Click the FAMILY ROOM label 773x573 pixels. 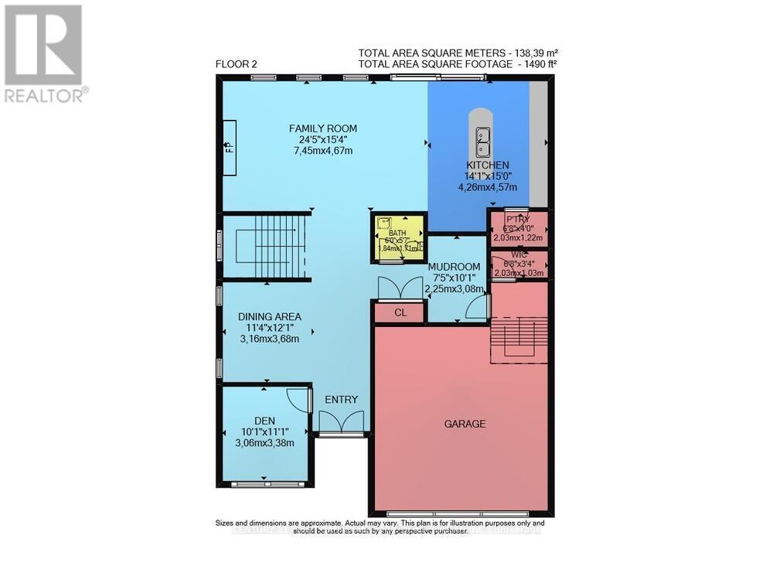(x=323, y=128)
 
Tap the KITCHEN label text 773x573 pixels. (x=487, y=165)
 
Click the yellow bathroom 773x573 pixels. (x=398, y=237)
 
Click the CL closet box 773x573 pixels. (x=400, y=313)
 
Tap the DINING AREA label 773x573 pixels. (x=269, y=316)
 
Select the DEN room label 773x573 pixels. (x=265, y=421)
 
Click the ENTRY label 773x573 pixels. (x=341, y=400)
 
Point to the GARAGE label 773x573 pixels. (x=465, y=424)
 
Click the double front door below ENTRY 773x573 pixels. (x=341, y=421)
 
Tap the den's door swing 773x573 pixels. (x=297, y=399)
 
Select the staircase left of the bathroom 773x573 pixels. (x=266, y=247)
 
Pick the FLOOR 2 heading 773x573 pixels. (x=236, y=65)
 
